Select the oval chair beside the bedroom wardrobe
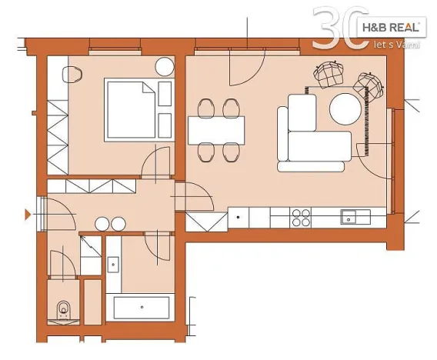click(74, 75)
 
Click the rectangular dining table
click(217, 130)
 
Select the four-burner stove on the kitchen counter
click(300, 218)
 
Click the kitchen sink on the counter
click(353, 218)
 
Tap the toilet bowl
click(62, 308)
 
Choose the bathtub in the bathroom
click(143, 308)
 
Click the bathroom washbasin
click(113, 263)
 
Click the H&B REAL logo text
click(391, 28)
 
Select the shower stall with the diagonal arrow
click(91, 249)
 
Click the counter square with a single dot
click(239, 218)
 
